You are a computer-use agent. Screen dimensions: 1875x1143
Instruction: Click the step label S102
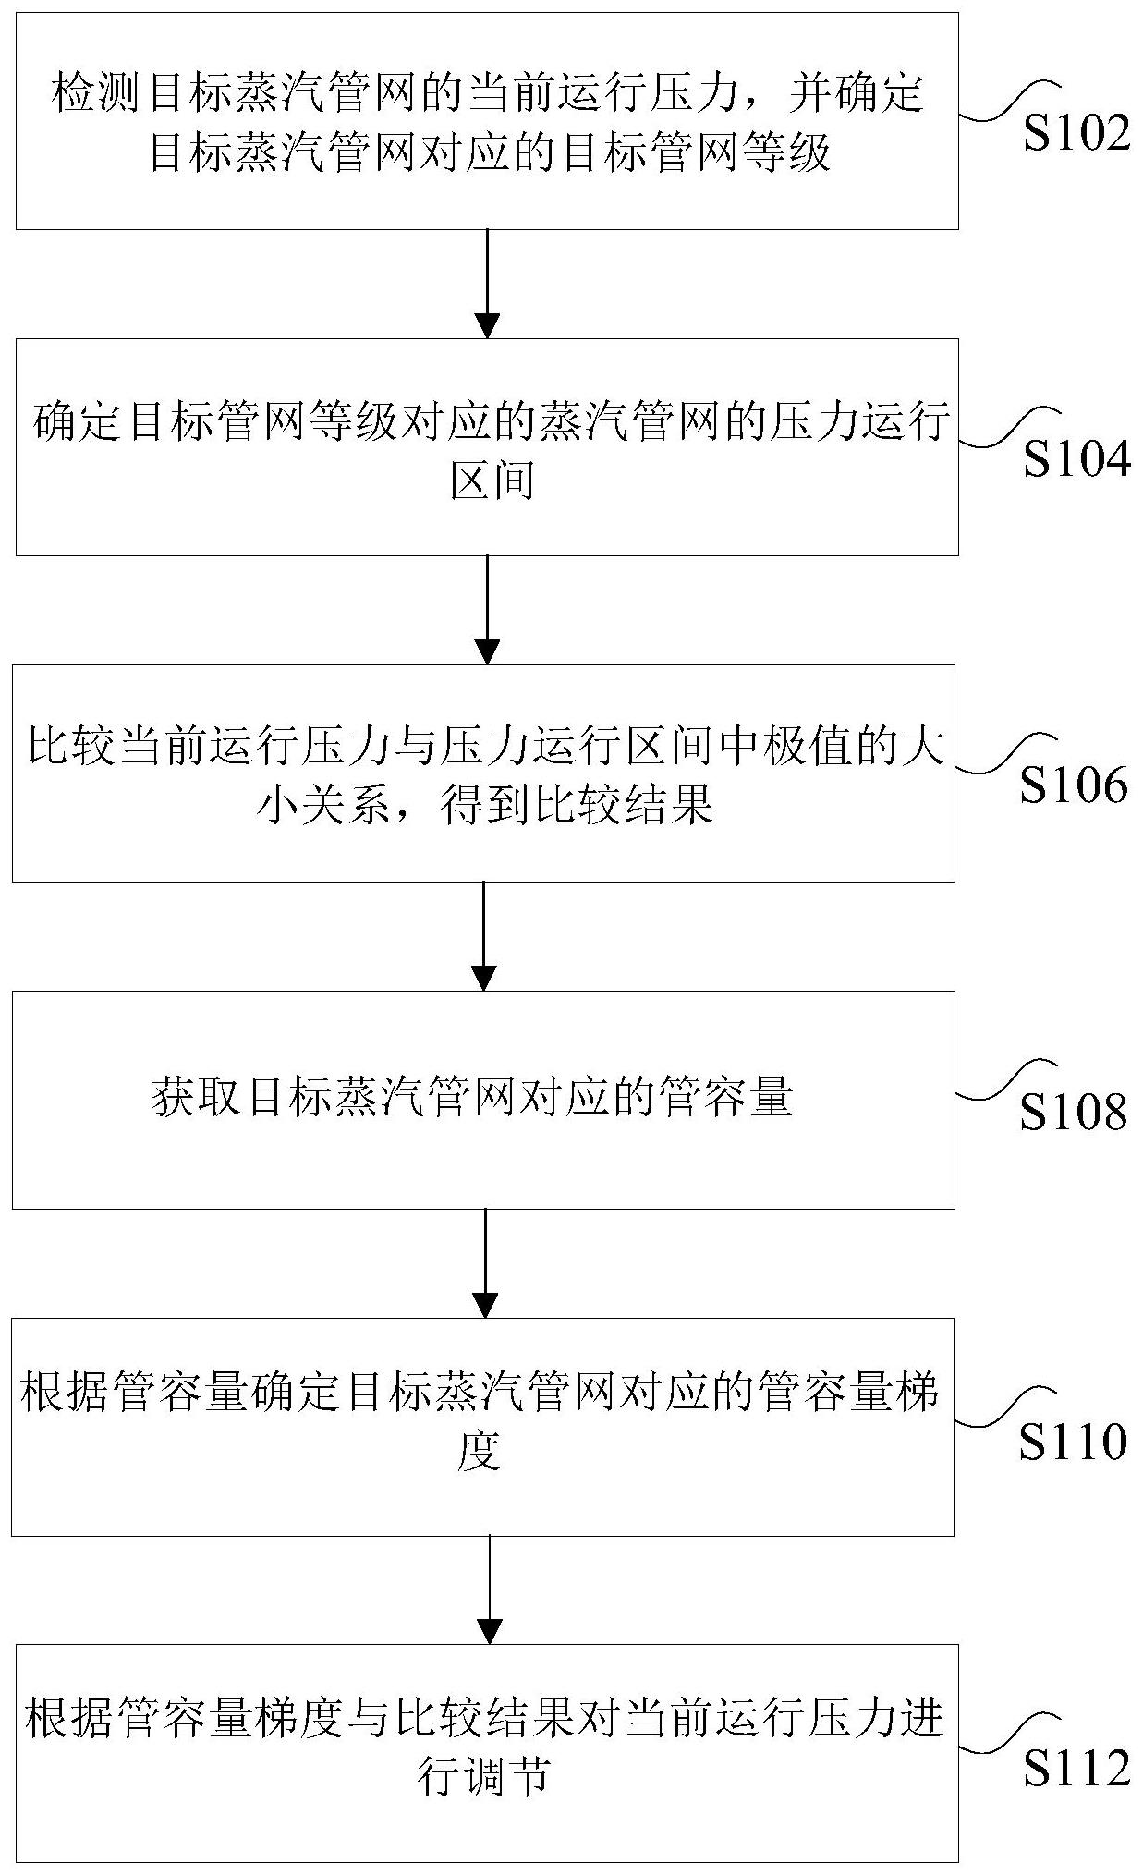[1076, 135]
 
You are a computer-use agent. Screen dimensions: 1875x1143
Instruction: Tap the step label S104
[1076, 459]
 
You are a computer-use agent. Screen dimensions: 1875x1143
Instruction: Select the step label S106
[1074, 786]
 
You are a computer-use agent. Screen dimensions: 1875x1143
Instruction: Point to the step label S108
[1074, 1113]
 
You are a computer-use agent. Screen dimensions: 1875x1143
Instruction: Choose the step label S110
[1074, 1442]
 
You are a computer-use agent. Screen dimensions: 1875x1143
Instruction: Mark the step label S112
[1076, 1769]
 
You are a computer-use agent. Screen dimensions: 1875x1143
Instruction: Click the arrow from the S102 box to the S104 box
[487, 283]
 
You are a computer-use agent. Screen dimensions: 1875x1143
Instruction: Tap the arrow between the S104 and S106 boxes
[487, 609]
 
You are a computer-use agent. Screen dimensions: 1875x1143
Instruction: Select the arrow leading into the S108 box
[484, 935]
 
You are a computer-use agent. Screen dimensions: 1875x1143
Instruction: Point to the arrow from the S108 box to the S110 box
[484, 1262]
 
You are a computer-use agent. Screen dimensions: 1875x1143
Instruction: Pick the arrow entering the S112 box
[489, 1589]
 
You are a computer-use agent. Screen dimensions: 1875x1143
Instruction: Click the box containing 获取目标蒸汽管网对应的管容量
[482, 1100]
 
